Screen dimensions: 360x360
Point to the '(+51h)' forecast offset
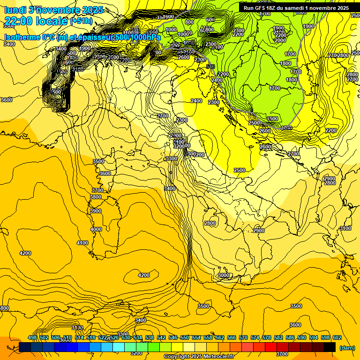coord(81,21)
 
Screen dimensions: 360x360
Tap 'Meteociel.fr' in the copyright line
coord(217,357)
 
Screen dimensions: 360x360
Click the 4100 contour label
coord(82,243)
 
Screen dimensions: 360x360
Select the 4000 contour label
coord(96,229)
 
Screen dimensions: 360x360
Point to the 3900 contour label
coord(96,211)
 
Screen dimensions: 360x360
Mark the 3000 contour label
coord(224,275)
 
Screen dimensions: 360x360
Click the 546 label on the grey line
coord(210,67)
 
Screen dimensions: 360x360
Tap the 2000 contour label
coord(280,41)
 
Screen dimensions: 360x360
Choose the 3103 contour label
coord(77,328)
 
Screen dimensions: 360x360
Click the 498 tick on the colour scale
coord(32,337)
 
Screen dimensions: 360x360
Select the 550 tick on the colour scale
coord(184,337)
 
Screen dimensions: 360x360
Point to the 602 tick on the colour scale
coord(337,337)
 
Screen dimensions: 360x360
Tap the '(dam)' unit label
coord(346,348)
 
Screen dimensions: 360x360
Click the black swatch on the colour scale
coord(330,347)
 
